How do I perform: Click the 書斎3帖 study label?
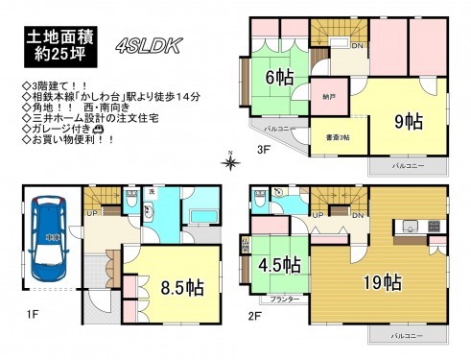pos(335,135)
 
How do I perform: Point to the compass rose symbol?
pos(230,161)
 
